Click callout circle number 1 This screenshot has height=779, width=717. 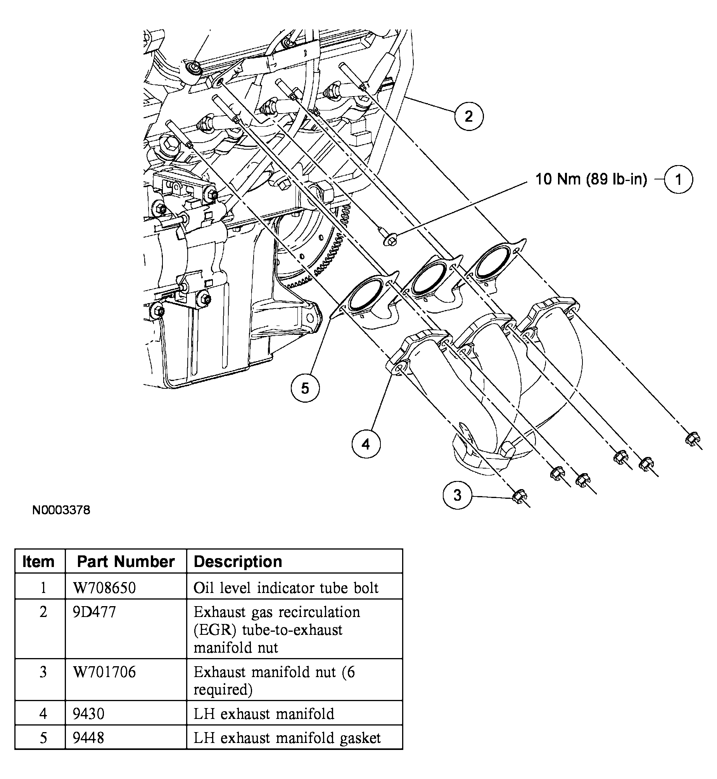[678, 179]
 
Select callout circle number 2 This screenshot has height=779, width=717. [469, 116]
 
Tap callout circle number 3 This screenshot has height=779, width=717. [458, 495]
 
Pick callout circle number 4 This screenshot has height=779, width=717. [366, 444]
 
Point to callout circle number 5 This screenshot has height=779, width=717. [305, 388]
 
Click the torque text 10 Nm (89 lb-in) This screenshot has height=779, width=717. [591, 179]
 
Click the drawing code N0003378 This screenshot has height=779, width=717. [61, 510]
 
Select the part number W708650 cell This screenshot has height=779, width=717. [105, 588]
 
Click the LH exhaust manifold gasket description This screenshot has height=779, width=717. [287, 738]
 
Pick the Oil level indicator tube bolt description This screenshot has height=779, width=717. [285, 588]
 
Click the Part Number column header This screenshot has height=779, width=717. [126, 562]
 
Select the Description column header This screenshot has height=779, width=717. [237, 562]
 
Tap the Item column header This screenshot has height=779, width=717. [38, 562]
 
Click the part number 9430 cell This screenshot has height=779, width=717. [89, 714]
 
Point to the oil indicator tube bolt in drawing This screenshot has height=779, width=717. [390, 240]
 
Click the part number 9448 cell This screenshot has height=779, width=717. [88, 738]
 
